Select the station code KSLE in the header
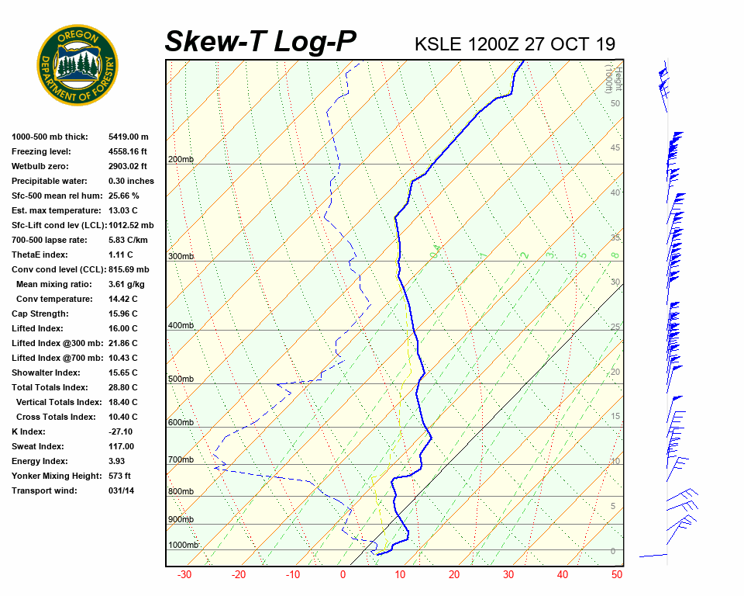pos(439,43)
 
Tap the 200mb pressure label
pos(181,160)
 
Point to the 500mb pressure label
pos(181,379)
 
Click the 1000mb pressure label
pos(184,546)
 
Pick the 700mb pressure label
pos(181,460)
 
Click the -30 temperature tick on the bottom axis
pos(184,575)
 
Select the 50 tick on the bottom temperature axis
pos(617,575)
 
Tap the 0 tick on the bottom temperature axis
pos(343,575)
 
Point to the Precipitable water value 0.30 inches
pos(131,181)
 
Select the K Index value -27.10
pos(122,431)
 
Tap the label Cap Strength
pos(40,314)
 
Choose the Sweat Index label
pos(37,446)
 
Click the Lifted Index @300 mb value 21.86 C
pos(122,343)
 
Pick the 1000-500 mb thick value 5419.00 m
pos(128,137)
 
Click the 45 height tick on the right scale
pos(615,148)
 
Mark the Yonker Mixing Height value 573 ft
pos(119,476)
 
